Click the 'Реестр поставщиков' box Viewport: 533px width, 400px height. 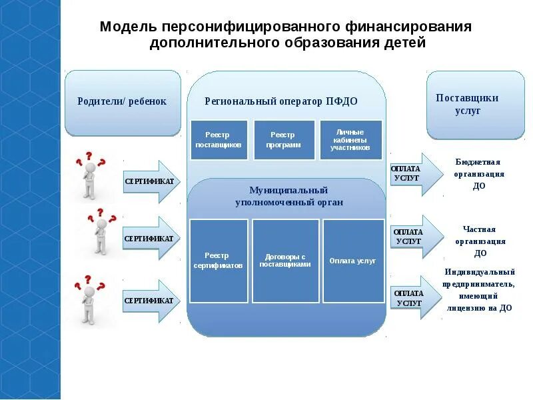coord(219,140)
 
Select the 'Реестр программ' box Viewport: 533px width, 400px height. coord(284,140)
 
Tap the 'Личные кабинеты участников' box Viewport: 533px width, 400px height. coord(350,140)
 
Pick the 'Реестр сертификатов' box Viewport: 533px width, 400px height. coord(219,261)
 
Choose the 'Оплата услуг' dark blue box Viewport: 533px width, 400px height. coord(353,261)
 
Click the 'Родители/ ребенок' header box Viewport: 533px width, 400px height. coord(123,103)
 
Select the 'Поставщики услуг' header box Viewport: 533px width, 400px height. coord(475,105)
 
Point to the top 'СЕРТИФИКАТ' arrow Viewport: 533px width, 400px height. coord(151,181)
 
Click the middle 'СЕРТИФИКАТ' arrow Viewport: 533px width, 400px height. coord(151,238)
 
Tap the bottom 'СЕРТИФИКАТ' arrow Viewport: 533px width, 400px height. coord(151,301)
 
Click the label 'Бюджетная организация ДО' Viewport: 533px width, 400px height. coord(478,174)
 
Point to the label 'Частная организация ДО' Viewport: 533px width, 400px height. coord(480,241)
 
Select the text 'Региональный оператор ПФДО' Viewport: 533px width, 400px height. coord(280,101)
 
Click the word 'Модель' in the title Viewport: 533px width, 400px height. coord(128,27)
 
